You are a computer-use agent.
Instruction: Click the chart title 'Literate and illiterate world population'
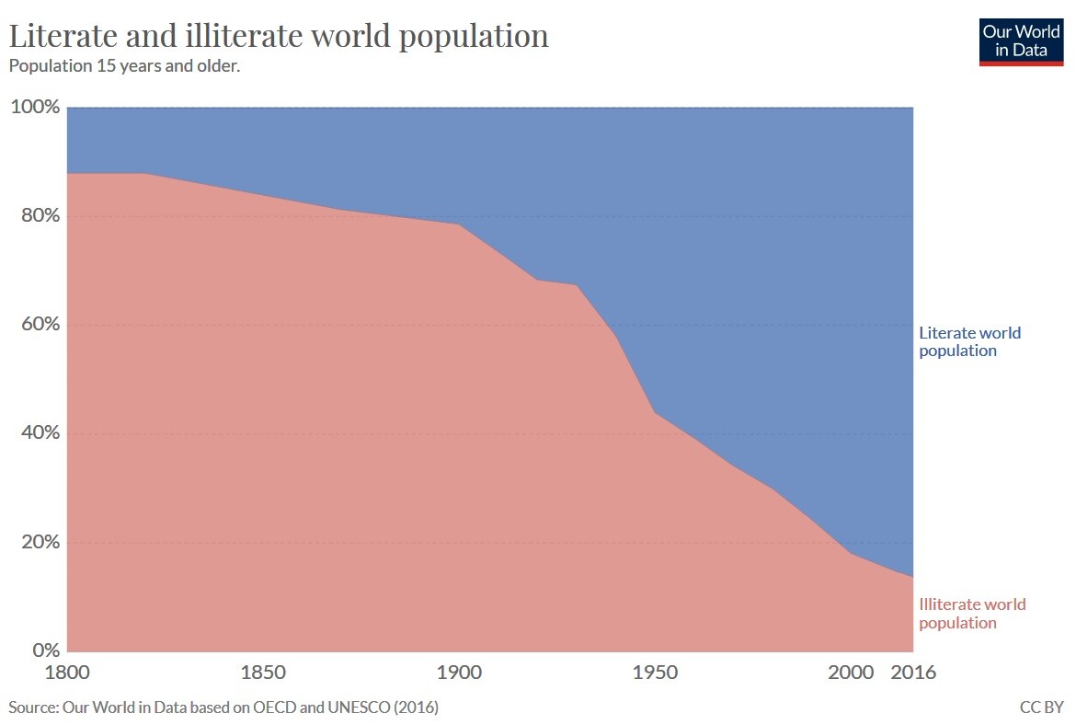(279, 36)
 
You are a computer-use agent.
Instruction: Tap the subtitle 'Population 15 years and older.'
(124, 66)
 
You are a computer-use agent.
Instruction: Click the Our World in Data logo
(1020, 41)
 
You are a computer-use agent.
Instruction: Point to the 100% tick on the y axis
(35, 108)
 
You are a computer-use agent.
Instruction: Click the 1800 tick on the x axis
(67, 673)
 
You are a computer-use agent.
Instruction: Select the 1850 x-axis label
(263, 673)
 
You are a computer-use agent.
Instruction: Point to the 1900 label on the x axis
(459, 673)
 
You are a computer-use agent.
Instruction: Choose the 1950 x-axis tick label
(655, 673)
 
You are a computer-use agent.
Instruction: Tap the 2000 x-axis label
(851, 673)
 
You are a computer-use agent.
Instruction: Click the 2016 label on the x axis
(913, 673)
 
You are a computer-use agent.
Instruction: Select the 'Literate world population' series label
(969, 341)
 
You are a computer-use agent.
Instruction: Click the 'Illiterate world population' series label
(972, 614)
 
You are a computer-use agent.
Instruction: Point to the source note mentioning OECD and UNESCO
(223, 708)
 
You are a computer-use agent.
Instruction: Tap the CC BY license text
(1041, 708)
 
